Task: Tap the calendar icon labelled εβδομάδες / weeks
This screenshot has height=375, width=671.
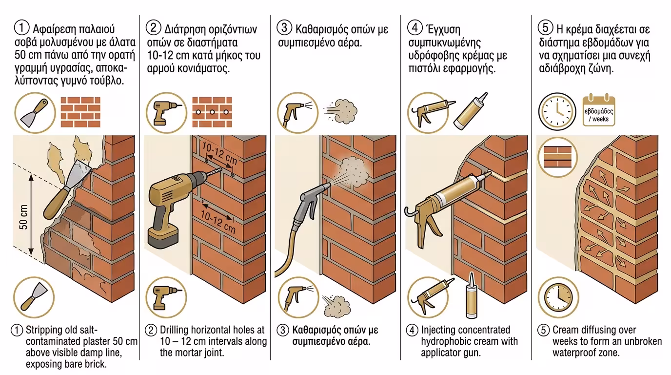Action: [599, 111]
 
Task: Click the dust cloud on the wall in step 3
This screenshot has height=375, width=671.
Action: [351, 173]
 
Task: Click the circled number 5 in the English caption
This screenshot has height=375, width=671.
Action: [544, 331]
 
